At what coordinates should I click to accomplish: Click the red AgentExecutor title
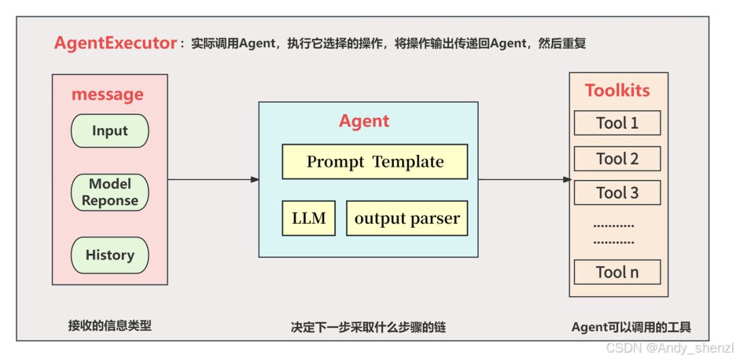116,43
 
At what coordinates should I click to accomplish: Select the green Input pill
110,131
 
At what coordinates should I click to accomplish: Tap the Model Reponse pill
110,192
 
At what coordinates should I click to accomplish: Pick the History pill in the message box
110,255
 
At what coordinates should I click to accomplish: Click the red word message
108,94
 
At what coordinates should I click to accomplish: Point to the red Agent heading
364,121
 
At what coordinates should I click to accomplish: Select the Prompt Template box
375,162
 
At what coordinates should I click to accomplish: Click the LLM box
309,218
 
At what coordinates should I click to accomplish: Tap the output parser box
407,218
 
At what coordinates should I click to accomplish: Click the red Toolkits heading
617,91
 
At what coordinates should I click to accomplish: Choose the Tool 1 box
617,123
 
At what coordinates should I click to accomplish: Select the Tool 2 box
617,159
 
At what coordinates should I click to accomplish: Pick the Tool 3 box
617,193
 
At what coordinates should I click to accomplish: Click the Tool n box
617,272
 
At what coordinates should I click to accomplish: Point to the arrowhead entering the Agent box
254,179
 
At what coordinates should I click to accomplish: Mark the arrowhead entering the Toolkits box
566,179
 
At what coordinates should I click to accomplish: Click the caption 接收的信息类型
110,325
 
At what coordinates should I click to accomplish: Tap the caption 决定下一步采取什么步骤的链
368,327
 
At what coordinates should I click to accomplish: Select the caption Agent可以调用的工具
631,327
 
